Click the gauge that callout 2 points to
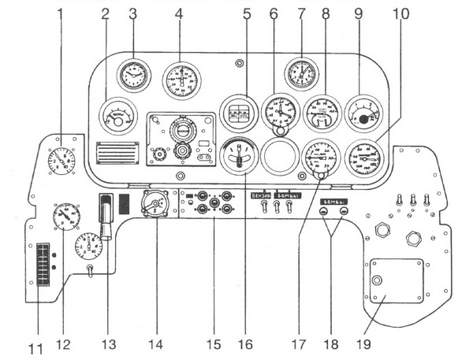[x=117, y=117]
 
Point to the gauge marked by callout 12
[x=67, y=217]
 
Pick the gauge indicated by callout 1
[x=60, y=163]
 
